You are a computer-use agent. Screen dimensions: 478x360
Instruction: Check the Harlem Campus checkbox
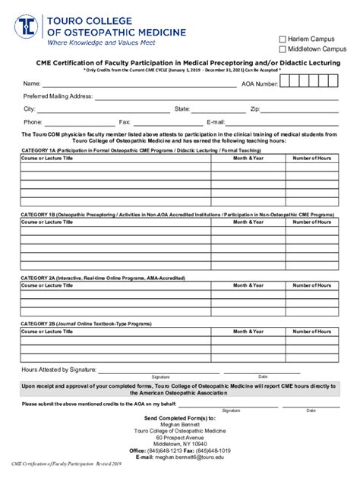point(283,39)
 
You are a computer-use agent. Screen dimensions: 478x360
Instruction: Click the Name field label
point(31,83)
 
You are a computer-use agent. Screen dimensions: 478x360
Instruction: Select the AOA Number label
point(259,83)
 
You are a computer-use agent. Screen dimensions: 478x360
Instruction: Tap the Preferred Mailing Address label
point(58,96)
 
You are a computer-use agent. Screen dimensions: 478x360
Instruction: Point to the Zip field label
point(255,109)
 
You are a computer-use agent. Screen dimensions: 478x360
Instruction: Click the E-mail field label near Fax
point(216,121)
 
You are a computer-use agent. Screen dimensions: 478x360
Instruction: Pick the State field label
point(182,109)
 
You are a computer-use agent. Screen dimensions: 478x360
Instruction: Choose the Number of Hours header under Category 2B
point(313,332)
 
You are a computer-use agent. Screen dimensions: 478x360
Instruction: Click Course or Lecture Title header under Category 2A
point(47,285)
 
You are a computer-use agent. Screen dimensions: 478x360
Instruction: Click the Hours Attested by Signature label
point(59,370)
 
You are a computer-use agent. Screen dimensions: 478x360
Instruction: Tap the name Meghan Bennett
point(180,424)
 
